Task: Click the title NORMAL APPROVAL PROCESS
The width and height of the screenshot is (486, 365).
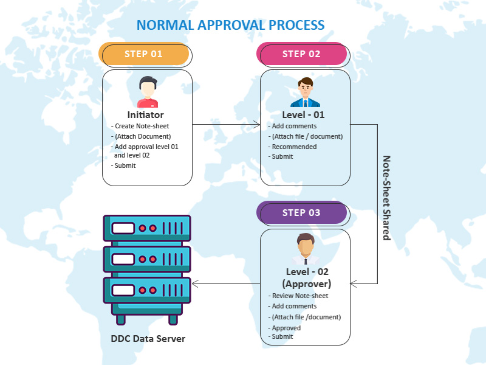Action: click(x=230, y=25)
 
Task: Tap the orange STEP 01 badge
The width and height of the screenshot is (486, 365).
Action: click(x=144, y=54)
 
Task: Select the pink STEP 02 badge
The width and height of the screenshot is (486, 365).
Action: click(x=302, y=54)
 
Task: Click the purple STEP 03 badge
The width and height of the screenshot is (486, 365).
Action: click(x=302, y=213)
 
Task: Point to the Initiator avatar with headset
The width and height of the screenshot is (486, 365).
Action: click(x=148, y=92)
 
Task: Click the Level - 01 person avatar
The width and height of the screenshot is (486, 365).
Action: click(x=305, y=92)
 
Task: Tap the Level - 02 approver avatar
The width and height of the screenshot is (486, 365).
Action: click(x=305, y=249)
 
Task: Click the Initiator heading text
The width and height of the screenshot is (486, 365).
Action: click(x=146, y=114)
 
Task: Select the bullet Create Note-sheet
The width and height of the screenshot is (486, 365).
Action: click(x=142, y=126)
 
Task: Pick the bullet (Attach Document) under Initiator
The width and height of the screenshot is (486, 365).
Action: click(x=143, y=136)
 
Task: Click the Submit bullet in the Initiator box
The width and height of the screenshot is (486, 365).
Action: click(x=125, y=165)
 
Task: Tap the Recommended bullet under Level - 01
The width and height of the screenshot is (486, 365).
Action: click(x=293, y=147)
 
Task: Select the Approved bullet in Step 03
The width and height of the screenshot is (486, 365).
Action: click(x=286, y=328)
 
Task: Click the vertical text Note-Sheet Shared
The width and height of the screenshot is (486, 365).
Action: click(x=386, y=198)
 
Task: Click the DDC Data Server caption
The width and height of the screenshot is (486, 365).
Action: click(x=148, y=339)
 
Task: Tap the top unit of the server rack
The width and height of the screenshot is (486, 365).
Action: click(x=147, y=229)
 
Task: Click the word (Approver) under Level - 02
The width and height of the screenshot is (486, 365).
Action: click(x=306, y=283)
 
